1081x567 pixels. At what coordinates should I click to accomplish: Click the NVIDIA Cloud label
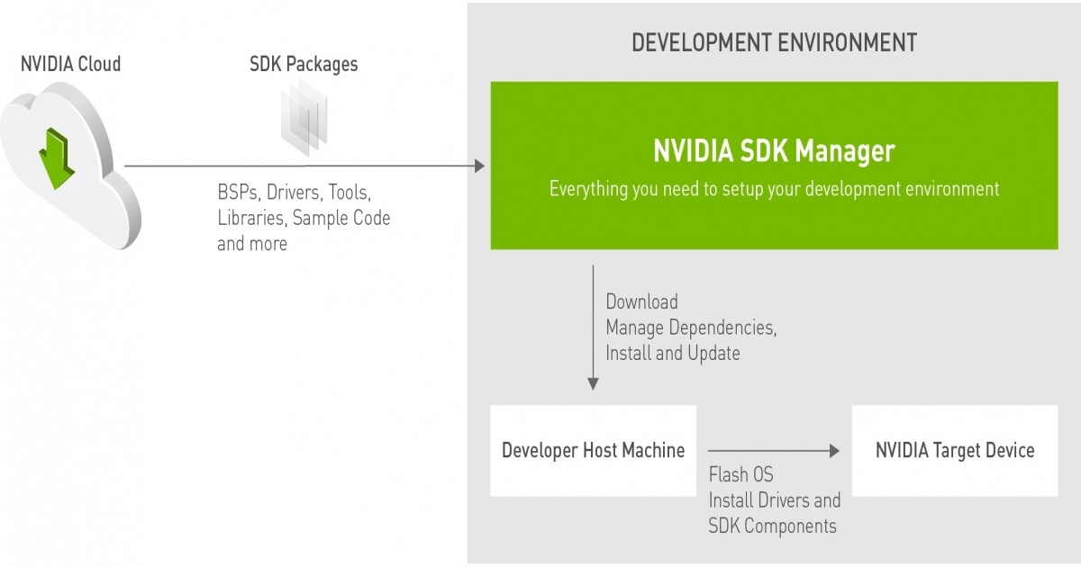(70, 64)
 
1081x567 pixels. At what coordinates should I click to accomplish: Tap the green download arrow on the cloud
(57, 158)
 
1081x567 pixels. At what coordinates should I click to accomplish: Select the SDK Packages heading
(304, 65)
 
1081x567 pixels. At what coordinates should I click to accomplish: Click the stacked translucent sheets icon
(304, 117)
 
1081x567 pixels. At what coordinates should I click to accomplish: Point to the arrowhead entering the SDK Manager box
(479, 166)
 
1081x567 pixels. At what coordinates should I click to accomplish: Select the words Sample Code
(341, 218)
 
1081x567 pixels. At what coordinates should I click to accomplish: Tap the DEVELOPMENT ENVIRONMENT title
(774, 42)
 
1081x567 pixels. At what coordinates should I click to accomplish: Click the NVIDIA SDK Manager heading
(774, 151)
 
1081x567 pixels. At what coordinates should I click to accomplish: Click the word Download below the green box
(641, 301)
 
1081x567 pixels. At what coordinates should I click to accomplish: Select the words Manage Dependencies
(691, 328)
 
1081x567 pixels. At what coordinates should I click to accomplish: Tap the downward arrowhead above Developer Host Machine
(593, 383)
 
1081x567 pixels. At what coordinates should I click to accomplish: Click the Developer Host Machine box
(593, 450)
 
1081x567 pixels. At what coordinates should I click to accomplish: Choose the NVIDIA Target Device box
(955, 450)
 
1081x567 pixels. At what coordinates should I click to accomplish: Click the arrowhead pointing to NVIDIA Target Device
(834, 451)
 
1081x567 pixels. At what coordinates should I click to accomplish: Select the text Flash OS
(740, 474)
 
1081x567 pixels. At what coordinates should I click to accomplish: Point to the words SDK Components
(772, 526)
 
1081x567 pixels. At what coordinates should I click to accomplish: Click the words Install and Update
(673, 354)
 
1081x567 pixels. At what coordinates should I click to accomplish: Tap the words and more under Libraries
(252, 244)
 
